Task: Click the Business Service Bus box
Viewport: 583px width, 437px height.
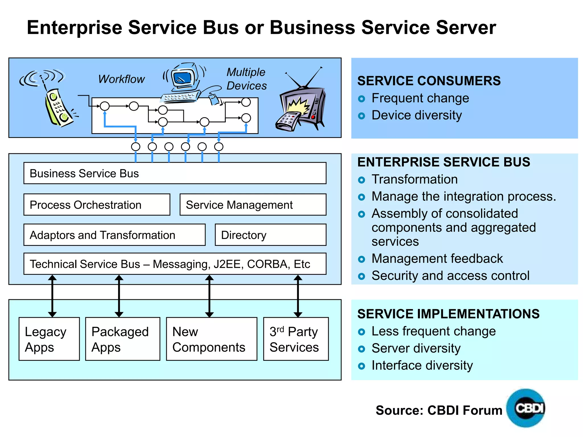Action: click(x=175, y=173)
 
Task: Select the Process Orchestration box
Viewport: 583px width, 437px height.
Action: click(x=97, y=205)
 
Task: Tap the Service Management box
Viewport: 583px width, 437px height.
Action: click(x=253, y=205)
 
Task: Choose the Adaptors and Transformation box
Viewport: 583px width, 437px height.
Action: click(x=114, y=235)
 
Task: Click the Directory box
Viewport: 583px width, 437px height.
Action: click(x=270, y=235)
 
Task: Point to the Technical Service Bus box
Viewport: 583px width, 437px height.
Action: click(x=175, y=264)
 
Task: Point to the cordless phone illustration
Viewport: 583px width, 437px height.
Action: click(x=58, y=107)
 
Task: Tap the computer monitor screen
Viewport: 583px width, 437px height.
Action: click(x=183, y=78)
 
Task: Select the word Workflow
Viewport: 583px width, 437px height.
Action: click(x=122, y=79)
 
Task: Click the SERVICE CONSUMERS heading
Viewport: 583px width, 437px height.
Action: click(x=429, y=81)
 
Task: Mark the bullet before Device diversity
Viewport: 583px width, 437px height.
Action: click(x=362, y=116)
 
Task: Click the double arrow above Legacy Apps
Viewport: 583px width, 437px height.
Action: click(x=52, y=296)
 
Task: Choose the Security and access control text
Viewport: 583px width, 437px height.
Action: click(x=450, y=276)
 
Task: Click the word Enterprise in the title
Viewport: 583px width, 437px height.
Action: click(x=74, y=28)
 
